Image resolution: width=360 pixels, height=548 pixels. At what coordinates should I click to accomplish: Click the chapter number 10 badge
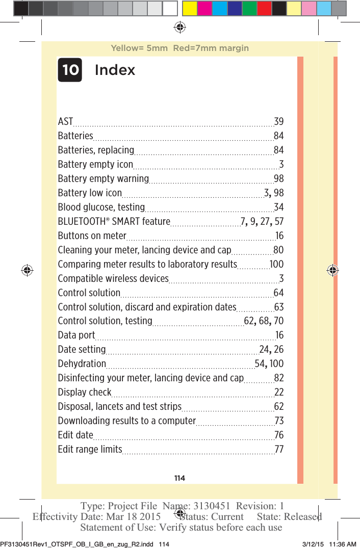click(70, 70)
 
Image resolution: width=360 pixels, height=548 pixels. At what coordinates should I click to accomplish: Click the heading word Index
click(115, 70)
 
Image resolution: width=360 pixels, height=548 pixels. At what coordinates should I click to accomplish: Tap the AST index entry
click(65, 122)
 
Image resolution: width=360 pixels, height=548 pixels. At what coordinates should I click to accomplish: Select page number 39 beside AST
click(278, 122)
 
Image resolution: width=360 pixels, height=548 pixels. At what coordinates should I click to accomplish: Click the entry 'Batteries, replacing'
click(96, 150)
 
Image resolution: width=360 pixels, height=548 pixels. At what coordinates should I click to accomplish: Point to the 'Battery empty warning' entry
click(103, 179)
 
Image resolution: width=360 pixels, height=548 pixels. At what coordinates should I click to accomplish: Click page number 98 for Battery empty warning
click(278, 179)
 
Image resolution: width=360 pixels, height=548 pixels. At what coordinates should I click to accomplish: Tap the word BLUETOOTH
click(82, 222)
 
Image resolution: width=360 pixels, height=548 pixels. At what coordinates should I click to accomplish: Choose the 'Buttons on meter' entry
click(92, 236)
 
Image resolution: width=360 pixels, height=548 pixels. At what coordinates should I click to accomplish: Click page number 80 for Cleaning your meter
click(278, 250)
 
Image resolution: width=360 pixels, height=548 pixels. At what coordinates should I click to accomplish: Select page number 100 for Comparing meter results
click(276, 264)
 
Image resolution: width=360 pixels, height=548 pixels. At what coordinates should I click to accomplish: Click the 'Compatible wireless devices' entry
click(113, 278)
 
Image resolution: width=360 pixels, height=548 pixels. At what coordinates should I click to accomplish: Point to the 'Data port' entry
click(76, 335)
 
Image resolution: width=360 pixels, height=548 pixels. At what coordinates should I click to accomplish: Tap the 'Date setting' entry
click(82, 349)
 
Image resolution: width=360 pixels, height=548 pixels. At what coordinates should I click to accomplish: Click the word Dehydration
click(82, 363)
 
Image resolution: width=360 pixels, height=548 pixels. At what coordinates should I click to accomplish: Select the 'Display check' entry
click(85, 392)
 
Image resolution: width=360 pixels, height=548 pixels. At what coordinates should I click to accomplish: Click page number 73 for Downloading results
click(278, 421)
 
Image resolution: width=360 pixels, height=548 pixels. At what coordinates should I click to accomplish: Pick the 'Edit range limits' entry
click(90, 449)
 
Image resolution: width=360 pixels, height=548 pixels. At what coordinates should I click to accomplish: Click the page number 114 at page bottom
click(179, 478)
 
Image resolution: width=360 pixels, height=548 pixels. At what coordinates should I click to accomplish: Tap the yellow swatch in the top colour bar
click(190, 8)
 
